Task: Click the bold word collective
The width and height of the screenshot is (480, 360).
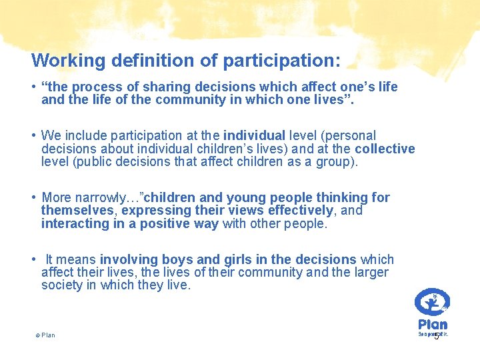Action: (385, 149)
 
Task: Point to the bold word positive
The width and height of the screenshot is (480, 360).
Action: (154, 223)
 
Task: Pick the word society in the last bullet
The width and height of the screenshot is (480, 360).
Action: (61, 285)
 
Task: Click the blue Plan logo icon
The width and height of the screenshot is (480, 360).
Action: (431, 301)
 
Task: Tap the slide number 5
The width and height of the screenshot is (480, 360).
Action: (437, 336)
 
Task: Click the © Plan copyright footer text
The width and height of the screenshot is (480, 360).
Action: (45, 335)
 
